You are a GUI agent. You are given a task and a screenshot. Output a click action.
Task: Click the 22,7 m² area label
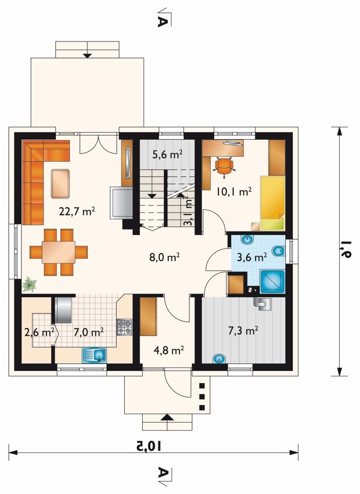coord(77,211)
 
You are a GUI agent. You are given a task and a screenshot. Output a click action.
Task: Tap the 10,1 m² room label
coord(234,191)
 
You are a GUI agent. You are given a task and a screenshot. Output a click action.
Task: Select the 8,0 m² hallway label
coord(164,258)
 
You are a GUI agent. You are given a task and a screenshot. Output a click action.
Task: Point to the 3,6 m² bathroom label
coord(252,258)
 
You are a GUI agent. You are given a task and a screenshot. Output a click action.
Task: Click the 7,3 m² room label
coord(243,331)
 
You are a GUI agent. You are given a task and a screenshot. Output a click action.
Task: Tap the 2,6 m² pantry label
coord(40,332)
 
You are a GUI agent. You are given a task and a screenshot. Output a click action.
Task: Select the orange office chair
coord(224,166)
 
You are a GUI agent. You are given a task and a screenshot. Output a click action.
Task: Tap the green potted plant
coord(29,284)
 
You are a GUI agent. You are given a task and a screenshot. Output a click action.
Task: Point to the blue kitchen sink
coord(94,355)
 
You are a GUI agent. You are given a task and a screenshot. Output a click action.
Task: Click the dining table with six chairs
coord(58,252)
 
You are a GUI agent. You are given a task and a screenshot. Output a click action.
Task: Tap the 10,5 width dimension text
coord(149,446)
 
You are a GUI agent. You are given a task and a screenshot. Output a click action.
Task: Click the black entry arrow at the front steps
coord(167,417)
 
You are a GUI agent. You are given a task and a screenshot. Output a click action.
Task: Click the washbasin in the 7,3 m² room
coord(219,358)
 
